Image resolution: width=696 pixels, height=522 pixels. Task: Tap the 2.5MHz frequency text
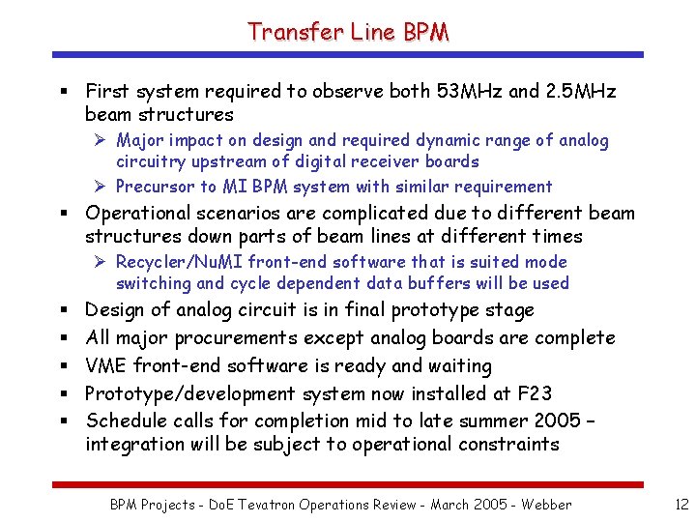pyautogui.click(x=580, y=92)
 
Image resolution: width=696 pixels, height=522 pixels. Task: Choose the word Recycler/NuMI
pyautogui.click(x=180, y=262)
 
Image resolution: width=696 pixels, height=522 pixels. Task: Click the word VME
pyautogui.click(x=106, y=366)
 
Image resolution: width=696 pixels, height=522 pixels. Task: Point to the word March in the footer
pyautogui.click(x=446, y=504)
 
